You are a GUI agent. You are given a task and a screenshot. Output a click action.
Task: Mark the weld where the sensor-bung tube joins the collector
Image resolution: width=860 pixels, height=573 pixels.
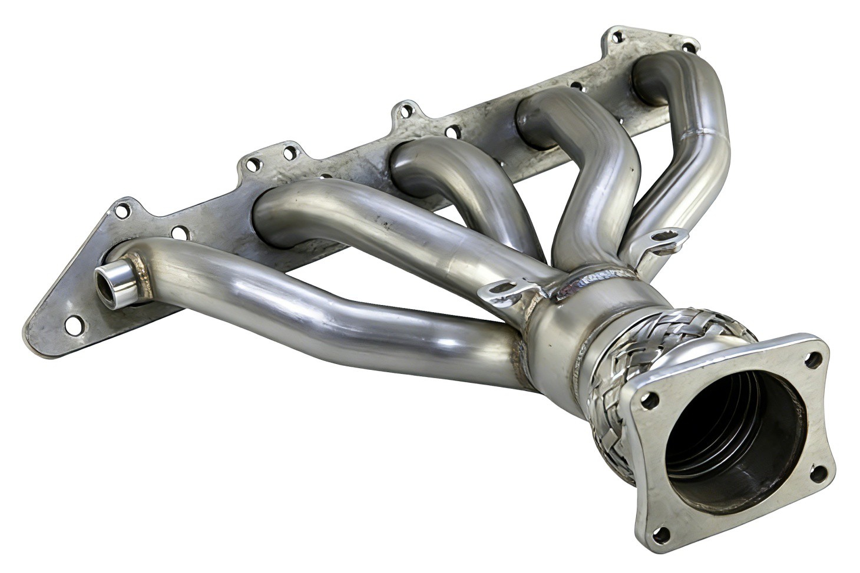point(521,359)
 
